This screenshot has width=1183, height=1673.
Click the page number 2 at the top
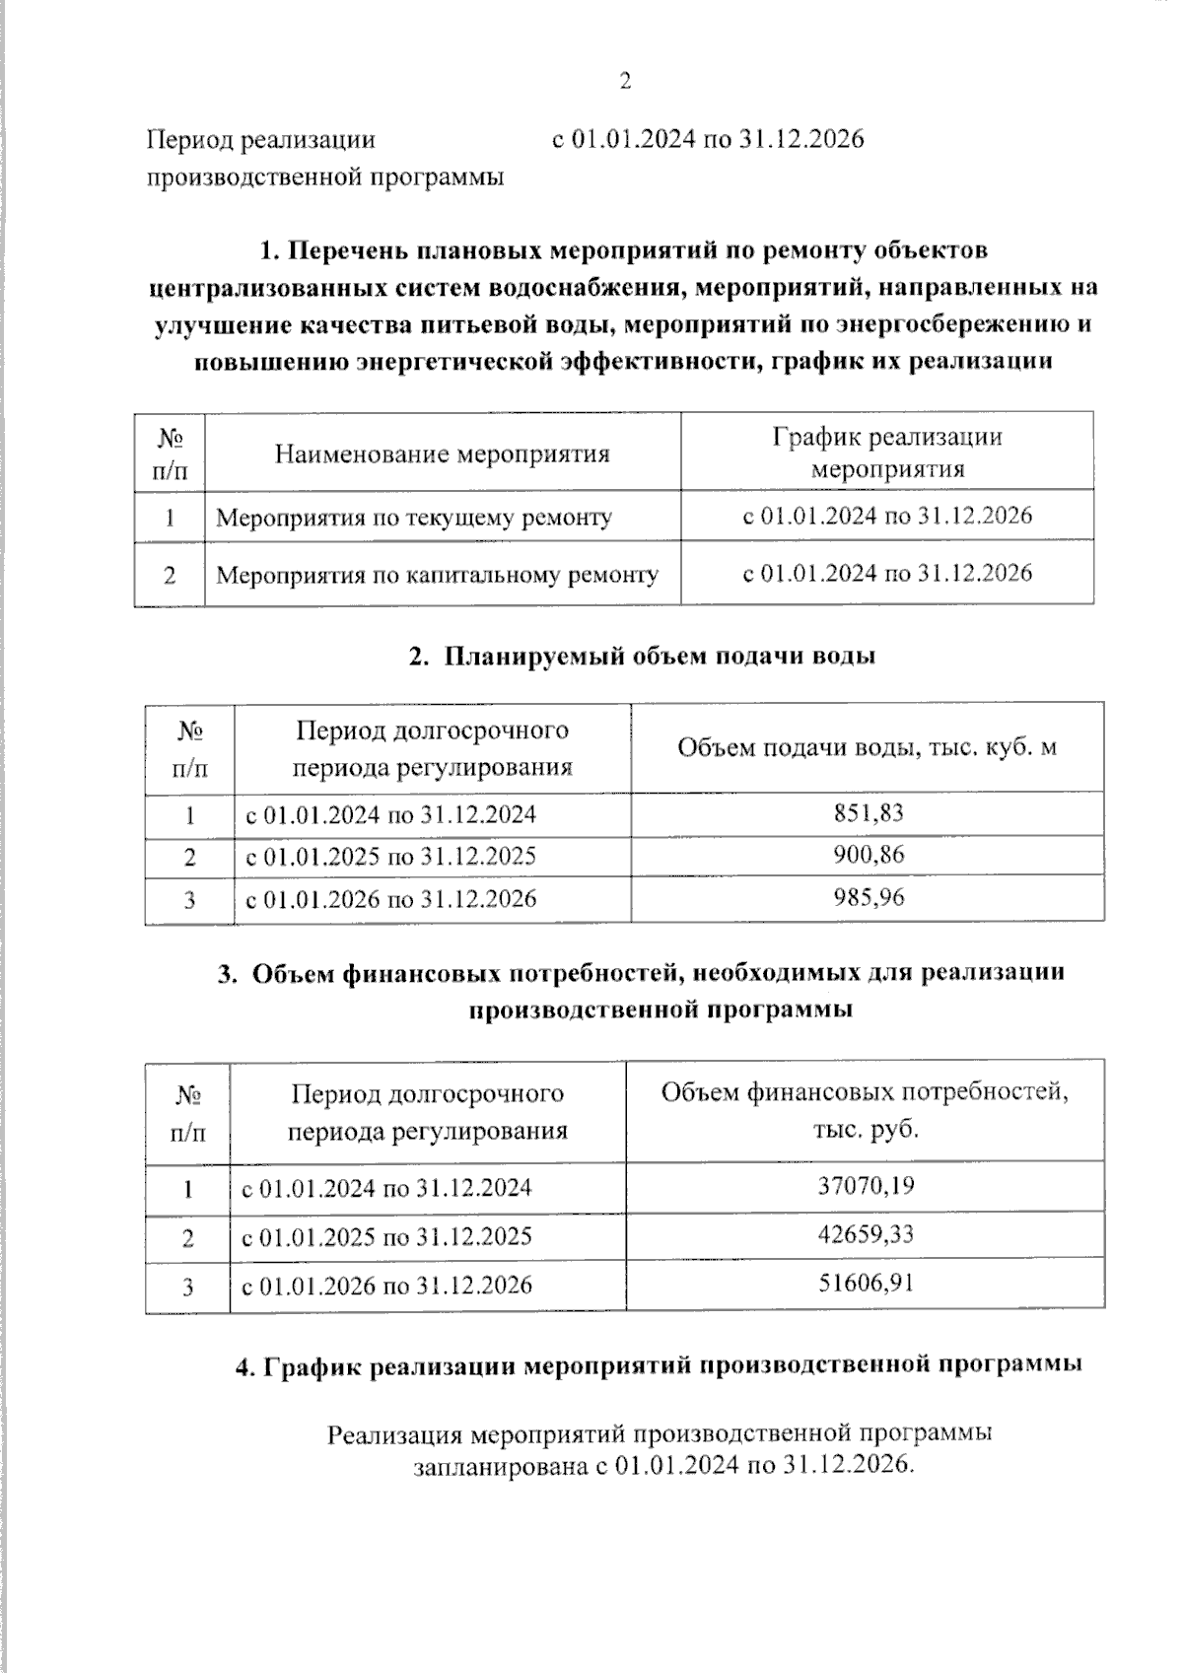pyautogui.click(x=625, y=82)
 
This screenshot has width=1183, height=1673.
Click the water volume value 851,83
pyautogui.click(x=868, y=813)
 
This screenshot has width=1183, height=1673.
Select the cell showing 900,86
pyautogui.click(x=868, y=855)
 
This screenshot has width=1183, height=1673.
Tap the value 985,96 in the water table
pyautogui.click(x=868, y=897)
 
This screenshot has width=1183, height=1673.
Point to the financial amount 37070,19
pyautogui.click(x=866, y=1185)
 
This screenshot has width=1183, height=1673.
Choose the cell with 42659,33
pyautogui.click(x=866, y=1234)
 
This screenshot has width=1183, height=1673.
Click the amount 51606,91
pyautogui.click(x=866, y=1284)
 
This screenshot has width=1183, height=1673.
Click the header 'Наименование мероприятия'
pyautogui.click(x=442, y=453)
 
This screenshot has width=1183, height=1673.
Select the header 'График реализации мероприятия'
pyautogui.click(x=886, y=452)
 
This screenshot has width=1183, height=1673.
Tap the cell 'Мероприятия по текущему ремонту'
pyautogui.click(x=413, y=517)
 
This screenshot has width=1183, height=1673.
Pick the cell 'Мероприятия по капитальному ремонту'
pyautogui.click(x=437, y=574)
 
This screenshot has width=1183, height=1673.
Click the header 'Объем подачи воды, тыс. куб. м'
pyautogui.click(x=867, y=747)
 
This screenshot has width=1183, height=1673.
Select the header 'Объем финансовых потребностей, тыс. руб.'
pyautogui.click(x=865, y=1110)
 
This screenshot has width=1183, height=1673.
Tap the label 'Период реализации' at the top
pyautogui.click(x=261, y=139)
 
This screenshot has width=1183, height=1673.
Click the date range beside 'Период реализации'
pyautogui.click(x=708, y=139)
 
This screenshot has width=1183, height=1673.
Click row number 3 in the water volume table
pyautogui.click(x=189, y=899)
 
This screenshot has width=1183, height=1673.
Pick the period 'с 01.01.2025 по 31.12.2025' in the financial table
pyautogui.click(x=387, y=1236)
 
